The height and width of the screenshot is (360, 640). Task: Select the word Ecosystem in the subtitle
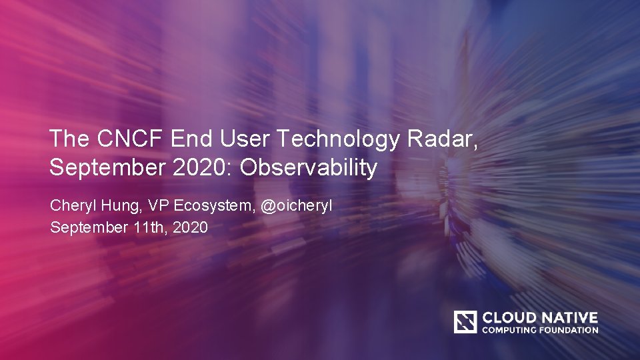[x=213, y=206]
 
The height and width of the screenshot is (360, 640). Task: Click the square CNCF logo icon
[x=465, y=322]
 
